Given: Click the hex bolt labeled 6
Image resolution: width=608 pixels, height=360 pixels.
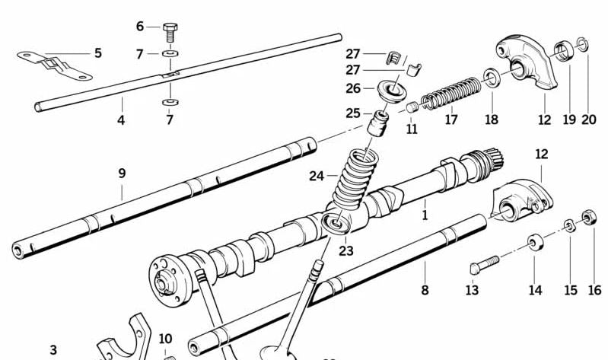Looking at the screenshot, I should click(170, 31).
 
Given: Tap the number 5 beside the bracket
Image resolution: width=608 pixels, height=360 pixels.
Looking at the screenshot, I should click(97, 53).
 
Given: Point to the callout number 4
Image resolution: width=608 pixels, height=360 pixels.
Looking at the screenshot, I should click(120, 119).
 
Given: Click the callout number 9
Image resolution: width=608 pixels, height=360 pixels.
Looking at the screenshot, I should click(122, 174).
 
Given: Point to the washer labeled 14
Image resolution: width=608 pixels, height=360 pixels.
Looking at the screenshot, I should click(535, 244).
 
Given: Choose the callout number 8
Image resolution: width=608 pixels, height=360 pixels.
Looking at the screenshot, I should click(425, 290).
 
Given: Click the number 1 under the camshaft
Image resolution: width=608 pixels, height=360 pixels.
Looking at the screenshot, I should click(425, 215).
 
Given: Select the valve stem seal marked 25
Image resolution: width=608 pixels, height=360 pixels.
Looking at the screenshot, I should click(378, 121).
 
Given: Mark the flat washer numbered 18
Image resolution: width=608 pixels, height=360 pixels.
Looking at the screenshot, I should click(492, 77).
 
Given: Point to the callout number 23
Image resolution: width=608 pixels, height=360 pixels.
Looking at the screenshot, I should click(346, 250).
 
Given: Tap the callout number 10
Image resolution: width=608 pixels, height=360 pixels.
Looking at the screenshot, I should click(165, 339).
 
